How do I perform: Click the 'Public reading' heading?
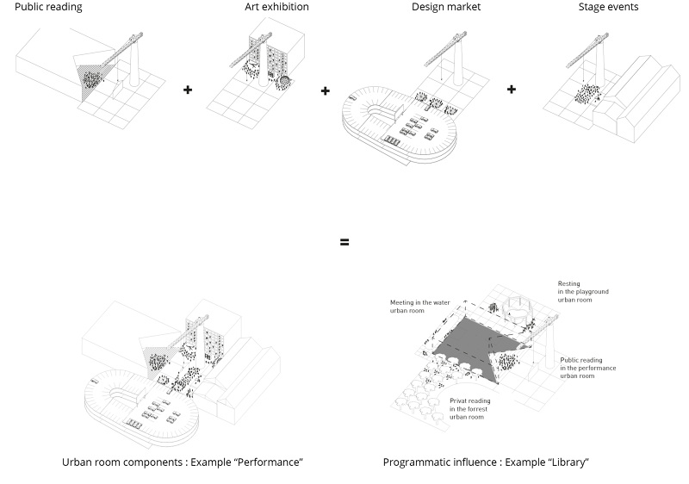coord(48,8)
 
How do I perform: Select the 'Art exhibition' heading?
coord(276,8)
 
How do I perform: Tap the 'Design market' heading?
coord(445,8)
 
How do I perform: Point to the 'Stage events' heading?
coord(609,8)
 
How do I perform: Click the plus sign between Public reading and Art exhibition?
coord(188,89)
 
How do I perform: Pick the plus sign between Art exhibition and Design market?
coord(326,90)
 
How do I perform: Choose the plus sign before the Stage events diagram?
coord(512,89)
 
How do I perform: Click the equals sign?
coord(344,242)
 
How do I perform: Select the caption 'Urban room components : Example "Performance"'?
coord(183,462)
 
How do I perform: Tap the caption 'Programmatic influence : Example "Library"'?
coord(486,462)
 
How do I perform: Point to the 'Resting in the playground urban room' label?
coord(583,292)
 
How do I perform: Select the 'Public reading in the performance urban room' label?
coord(588,367)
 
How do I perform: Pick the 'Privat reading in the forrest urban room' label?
coord(469,409)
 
